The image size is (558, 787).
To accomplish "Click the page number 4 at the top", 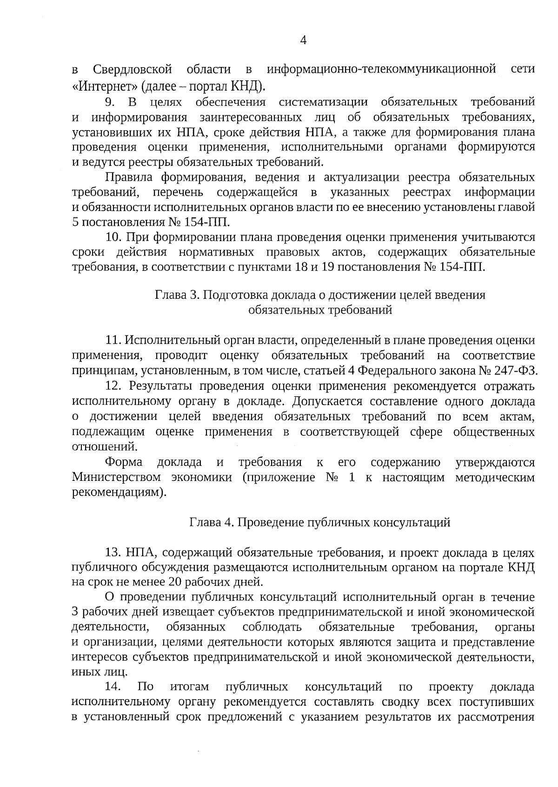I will pos(303,40).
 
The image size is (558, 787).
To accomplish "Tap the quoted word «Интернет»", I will pos(106,86).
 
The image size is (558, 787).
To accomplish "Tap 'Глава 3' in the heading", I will pos(177,295).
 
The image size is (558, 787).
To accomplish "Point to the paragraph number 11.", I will pos(113,341).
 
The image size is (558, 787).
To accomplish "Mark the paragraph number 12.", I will pos(114,387).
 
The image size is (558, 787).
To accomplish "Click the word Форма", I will pos(124,463).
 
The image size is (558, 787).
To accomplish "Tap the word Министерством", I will pos(117,478).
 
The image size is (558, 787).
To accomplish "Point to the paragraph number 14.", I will pos(114,687).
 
